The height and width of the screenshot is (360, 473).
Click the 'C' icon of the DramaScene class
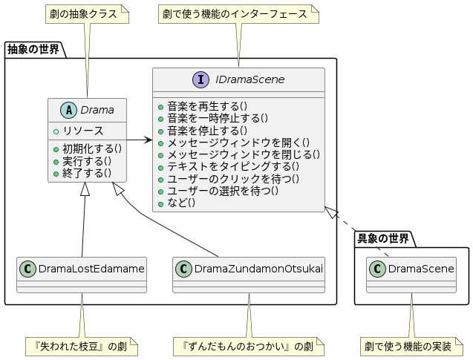(x=378, y=268)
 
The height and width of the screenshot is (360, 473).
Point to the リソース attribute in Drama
(x=83, y=131)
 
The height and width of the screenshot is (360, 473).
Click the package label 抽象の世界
(x=33, y=50)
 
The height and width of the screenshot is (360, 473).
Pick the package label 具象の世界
(x=383, y=238)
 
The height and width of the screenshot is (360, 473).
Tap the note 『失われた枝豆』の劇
(x=82, y=346)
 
